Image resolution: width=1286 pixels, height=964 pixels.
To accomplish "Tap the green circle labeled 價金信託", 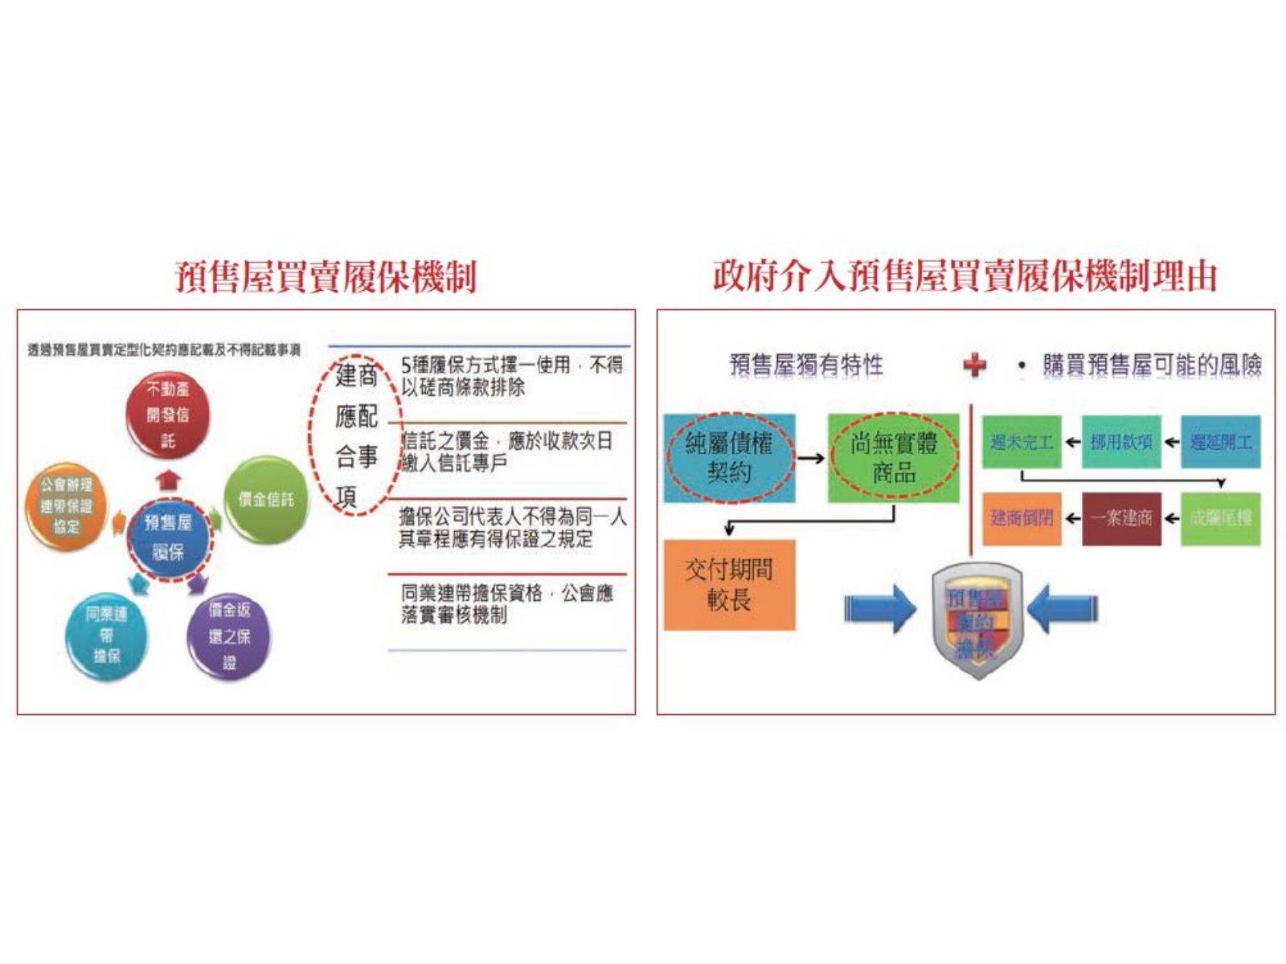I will click(x=265, y=500).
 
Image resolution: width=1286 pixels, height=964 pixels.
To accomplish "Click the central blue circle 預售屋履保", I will click(x=168, y=537).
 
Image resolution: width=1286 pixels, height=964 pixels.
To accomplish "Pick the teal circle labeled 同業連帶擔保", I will click(x=107, y=635).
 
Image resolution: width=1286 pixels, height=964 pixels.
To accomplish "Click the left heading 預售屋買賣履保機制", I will click(x=326, y=276).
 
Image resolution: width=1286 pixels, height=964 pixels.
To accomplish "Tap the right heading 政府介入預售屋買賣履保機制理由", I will click(x=964, y=276).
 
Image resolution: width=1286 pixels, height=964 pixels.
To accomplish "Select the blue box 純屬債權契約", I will click(x=729, y=458).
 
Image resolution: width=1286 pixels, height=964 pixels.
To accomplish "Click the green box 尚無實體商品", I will click(x=894, y=458).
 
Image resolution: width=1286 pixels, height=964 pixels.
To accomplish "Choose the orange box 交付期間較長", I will click(x=729, y=584).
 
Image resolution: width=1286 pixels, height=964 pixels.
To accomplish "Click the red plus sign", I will click(x=975, y=366).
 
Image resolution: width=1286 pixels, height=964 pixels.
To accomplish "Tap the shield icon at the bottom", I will click(x=976, y=620).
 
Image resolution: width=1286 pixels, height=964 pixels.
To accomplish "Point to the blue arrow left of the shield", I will click(x=879, y=608).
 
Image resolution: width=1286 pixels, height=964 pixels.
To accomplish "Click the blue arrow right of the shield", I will click(x=1062, y=608).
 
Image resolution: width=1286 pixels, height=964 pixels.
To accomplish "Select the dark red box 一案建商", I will click(x=1121, y=519).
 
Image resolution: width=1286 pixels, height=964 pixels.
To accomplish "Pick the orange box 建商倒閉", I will click(x=1022, y=519).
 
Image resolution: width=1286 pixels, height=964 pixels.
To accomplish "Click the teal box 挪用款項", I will click(x=1121, y=442).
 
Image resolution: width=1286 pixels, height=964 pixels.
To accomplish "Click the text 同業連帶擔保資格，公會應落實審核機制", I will click(x=506, y=604).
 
